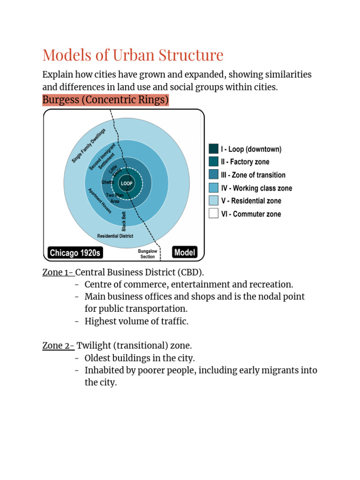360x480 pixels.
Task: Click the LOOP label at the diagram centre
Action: coord(127,183)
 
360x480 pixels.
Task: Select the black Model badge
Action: coord(185,252)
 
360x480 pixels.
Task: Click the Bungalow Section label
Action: coord(148,254)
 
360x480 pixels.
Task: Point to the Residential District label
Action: coord(115,236)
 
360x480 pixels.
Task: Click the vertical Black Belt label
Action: coord(124,221)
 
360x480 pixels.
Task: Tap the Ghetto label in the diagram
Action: coord(107,182)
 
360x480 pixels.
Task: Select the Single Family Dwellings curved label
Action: coord(89,145)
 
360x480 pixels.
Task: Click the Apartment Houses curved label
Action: coord(100,201)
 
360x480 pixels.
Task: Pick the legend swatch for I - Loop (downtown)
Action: coord(213,149)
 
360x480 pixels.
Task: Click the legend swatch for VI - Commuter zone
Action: coord(213,214)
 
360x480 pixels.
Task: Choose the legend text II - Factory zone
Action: coord(245,162)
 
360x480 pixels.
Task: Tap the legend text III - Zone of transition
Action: coord(253,175)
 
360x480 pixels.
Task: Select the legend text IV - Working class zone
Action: coord(256,188)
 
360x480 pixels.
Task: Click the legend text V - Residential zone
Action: coord(251,201)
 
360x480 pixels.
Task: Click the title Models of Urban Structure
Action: coord(133,55)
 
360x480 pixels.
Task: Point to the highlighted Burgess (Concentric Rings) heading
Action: coord(105,100)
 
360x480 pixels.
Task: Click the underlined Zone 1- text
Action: coord(58,272)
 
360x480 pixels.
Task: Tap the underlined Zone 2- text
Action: coord(58,345)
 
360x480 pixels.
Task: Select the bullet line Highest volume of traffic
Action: coord(136,321)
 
